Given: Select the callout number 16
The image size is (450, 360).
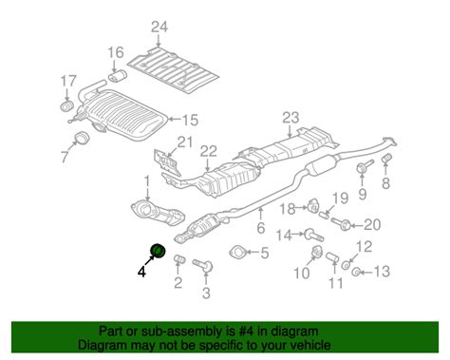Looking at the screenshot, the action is [x=115, y=51].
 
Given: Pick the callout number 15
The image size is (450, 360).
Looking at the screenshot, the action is [x=190, y=120].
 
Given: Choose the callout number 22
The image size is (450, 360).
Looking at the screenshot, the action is [x=207, y=150].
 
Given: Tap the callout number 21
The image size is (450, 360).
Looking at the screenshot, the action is [x=184, y=142].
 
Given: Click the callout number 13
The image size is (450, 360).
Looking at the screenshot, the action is [x=381, y=273].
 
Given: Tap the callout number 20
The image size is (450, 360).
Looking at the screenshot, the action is [x=371, y=224].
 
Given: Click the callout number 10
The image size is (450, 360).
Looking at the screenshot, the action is [x=302, y=275].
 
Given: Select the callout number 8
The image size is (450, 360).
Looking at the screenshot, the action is [x=386, y=183].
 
